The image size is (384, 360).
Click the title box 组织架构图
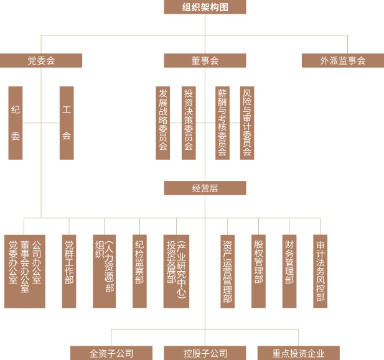pos(205,7)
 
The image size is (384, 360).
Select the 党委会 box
pos(41,60)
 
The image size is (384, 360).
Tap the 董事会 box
pos(205,60)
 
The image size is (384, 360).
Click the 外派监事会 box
pos(342,60)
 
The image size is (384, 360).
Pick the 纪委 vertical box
pos(16,122)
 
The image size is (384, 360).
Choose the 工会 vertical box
pos(67,122)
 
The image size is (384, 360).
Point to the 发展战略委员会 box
pos(163,122)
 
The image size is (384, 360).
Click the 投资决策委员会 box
pos(189,122)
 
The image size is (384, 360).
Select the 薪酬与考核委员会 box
pos(222,122)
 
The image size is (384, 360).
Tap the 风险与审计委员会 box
pos(247,122)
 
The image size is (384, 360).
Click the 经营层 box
pos(205,188)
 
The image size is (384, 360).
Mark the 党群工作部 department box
pos(69,271)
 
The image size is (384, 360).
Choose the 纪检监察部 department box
pos(139,271)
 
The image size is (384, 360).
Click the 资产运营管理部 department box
pos(228,271)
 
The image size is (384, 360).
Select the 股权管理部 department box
pos(258,271)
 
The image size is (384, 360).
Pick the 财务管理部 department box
pos(289,271)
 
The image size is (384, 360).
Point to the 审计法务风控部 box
pos(321,271)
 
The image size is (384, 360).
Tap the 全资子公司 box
pos(111,353)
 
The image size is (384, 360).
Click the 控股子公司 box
pos(205,353)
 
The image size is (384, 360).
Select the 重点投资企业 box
pos(298,353)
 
